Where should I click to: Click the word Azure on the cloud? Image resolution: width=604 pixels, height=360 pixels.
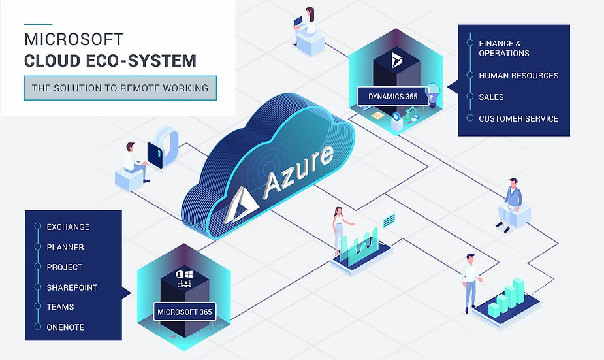pos(299,169)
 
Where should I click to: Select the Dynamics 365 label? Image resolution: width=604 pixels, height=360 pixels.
pos(392,97)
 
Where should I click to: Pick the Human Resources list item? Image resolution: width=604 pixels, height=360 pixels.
pos(518,75)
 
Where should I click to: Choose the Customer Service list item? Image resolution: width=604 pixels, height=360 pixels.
pos(518,118)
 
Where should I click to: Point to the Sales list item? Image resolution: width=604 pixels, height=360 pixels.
pos(491,97)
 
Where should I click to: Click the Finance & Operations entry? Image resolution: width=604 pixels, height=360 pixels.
pos(504,48)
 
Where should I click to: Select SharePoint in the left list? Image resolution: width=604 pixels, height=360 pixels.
pos(72,287)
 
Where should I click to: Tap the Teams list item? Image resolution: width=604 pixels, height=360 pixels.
pos(60,306)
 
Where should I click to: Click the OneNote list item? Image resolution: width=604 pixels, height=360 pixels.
pos(65,327)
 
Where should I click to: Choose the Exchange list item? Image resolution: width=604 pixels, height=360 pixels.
pos(68,227)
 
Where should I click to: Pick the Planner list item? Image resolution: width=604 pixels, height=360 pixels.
pos(65,247)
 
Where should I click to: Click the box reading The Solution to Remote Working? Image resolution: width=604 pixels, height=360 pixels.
pos(120,88)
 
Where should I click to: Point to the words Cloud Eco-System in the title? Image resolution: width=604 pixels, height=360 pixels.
pos(110,61)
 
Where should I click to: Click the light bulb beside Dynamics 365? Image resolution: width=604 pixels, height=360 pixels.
pos(432,91)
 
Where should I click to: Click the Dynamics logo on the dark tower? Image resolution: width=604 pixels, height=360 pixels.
pos(396,61)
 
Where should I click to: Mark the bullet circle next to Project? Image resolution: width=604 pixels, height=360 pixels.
pos(37,267)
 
